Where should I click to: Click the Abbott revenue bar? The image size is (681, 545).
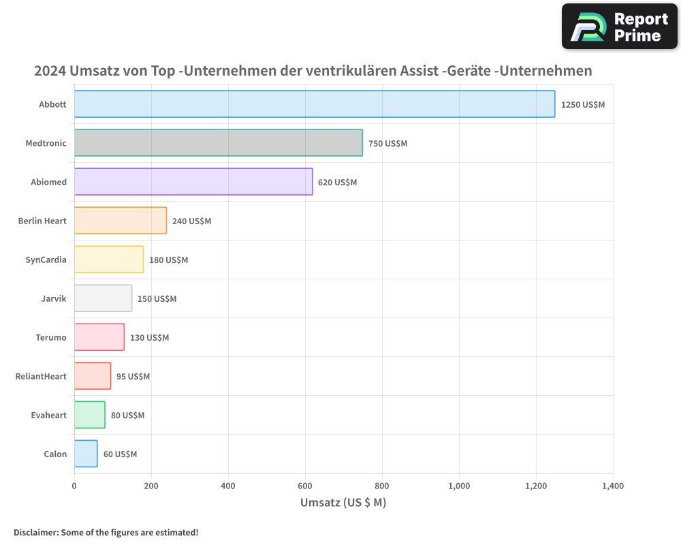[x=314, y=104]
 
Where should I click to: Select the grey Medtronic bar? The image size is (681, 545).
[x=218, y=143]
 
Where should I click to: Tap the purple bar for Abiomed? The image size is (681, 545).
[x=193, y=182]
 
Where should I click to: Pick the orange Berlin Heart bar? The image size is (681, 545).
[x=120, y=221]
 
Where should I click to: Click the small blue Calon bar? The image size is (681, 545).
[x=86, y=454]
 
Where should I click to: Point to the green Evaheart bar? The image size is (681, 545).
[x=89, y=415]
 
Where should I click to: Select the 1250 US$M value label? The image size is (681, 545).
[x=582, y=105]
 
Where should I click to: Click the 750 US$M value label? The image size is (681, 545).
[x=387, y=144]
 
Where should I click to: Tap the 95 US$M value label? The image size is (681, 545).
[x=133, y=377]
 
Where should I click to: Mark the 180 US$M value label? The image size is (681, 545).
[x=168, y=260]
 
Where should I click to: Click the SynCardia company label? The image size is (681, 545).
[x=46, y=260]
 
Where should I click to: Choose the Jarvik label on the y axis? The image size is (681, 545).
[x=54, y=298]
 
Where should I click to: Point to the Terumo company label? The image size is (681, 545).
[x=51, y=337]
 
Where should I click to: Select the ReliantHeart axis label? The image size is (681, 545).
[x=41, y=376]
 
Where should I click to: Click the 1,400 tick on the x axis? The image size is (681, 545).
[x=613, y=486]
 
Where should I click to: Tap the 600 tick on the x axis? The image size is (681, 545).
[x=305, y=486]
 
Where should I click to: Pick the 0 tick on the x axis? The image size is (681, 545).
[x=74, y=486]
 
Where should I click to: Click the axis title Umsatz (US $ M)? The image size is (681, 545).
[x=343, y=503]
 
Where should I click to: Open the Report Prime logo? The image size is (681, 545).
[x=619, y=27]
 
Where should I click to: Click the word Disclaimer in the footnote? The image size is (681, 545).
[x=35, y=532]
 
